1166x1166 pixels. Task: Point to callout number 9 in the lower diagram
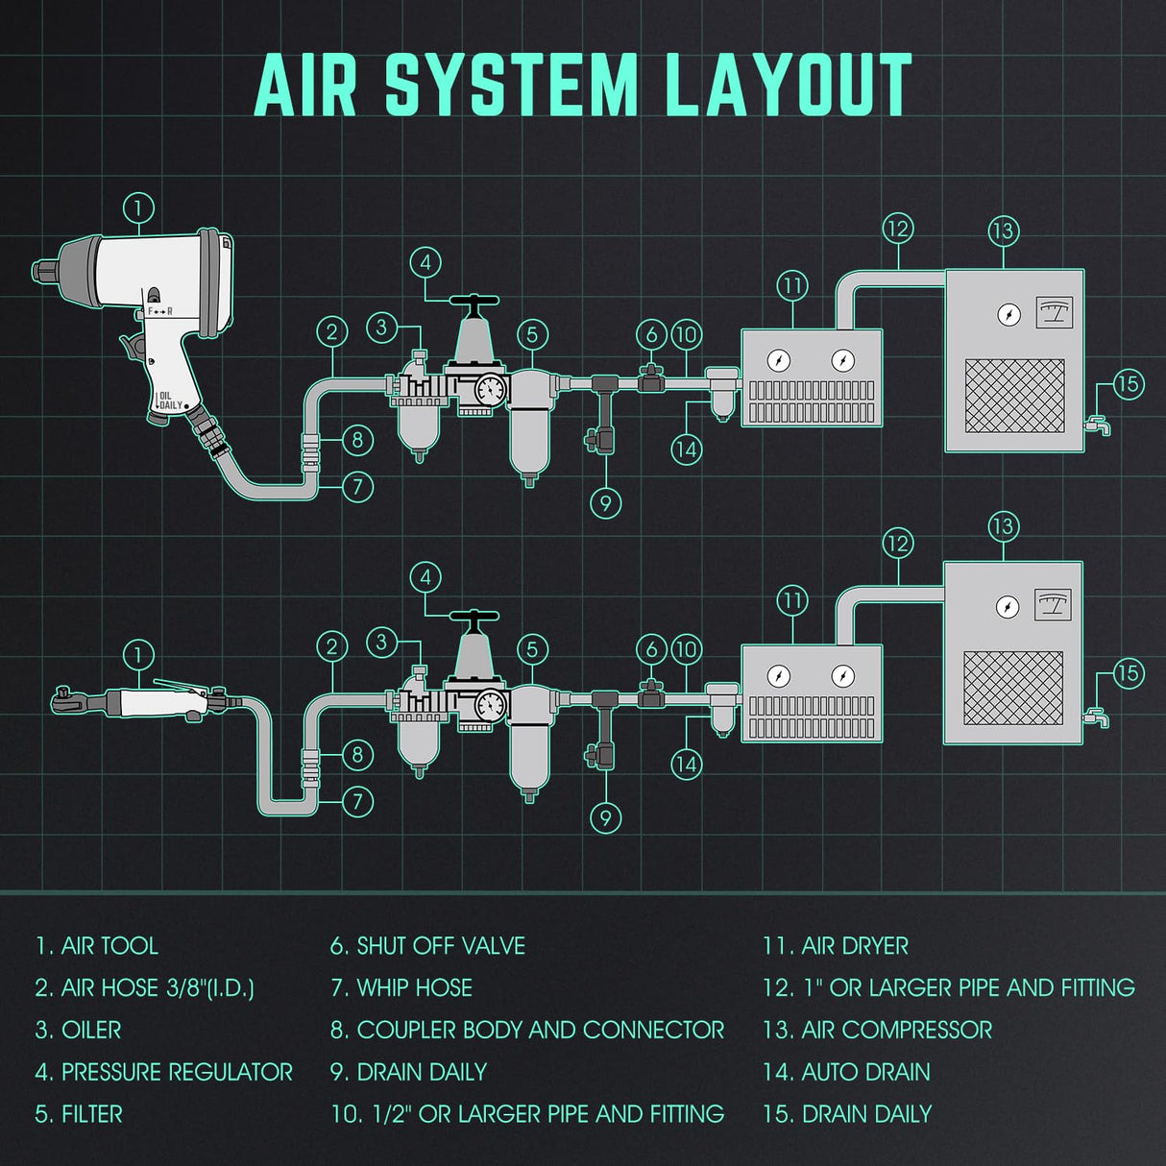point(605,817)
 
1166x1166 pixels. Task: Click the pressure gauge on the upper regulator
point(491,389)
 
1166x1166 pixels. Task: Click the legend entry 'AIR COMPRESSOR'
point(877,1030)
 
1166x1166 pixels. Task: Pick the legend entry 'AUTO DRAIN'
point(846,1072)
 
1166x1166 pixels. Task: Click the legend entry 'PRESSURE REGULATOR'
point(164,1072)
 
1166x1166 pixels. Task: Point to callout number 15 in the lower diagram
point(1129,673)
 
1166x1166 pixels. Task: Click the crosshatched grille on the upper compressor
point(1014,396)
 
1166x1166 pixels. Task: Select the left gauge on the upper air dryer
point(779,360)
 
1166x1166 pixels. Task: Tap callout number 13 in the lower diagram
point(1003,526)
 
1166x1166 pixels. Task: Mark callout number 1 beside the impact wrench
point(138,207)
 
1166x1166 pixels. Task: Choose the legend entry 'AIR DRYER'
point(836,946)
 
